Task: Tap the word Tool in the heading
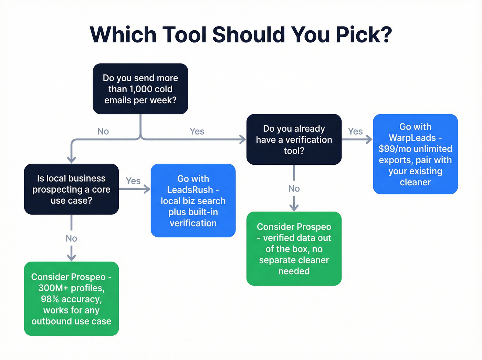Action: pyautogui.click(x=184, y=35)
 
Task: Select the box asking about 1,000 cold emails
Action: pyautogui.click(x=140, y=89)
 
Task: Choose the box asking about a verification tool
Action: pyautogui.click(x=294, y=140)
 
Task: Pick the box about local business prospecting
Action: pyautogui.click(x=71, y=189)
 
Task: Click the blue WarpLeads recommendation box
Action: pyautogui.click(x=415, y=154)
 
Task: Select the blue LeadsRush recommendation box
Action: pyautogui.click(x=193, y=200)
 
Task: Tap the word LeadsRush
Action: pyautogui.click(x=190, y=190)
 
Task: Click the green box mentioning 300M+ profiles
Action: pyautogui.click(x=71, y=299)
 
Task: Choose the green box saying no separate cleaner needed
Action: pyautogui.click(x=294, y=249)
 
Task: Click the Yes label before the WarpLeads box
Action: pyautogui.click(x=355, y=132)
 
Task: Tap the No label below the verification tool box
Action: pyautogui.click(x=294, y=189)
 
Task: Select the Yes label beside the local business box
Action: pyautogui.click(x=133, y=181)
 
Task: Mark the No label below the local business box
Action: pyautogui.click(x=71, y=238)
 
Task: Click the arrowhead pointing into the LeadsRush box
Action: pyautogui.click(x=147, y=189)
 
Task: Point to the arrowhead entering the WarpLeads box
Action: pyautogui.click(x=369, y=140)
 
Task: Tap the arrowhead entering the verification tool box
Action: pyautogui.click(x=243, y=140)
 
